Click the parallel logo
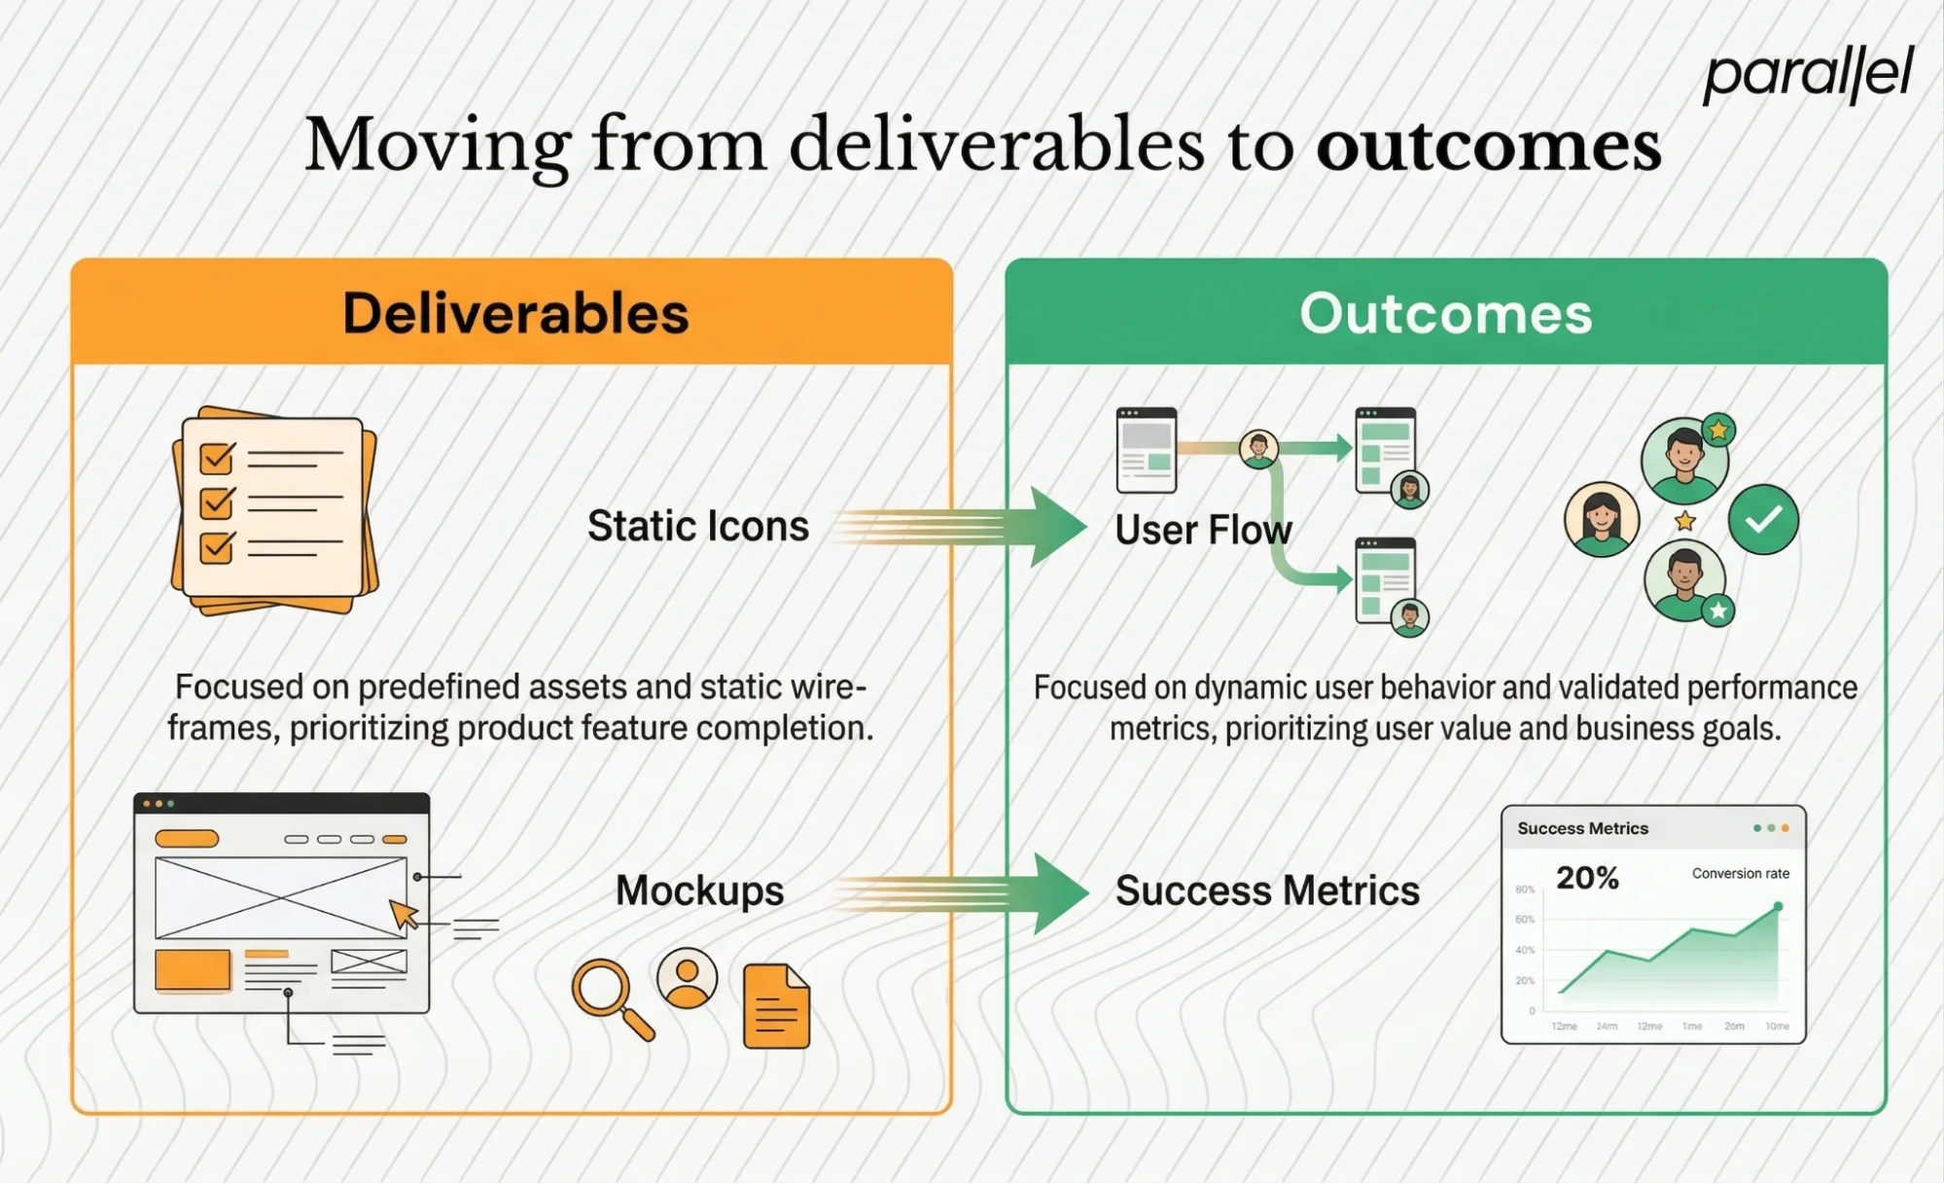[x=1807, y=74]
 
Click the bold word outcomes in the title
[x=1488, y=146]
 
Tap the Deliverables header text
[x=515, y=313]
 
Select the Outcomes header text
[x=1445, y=313]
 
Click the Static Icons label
[x=697, y=526]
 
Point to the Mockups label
[x=699, y=890]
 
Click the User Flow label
[x=1202, y=531]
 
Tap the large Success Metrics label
[x=1266, y=890]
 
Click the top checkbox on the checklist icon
[x=216, y=458]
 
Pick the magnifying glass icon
[x=608, y=995]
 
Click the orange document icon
[x=776, y=1006]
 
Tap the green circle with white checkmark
[x=1762, y=519]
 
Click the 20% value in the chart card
[x=1586, y=878]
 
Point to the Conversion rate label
[x=1740, y=873]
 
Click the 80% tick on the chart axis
[x=1524, y=889]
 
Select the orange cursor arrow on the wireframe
[x=403, y=914]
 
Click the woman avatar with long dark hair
[x=1601, y=519]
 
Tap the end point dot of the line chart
[x=1778, y=906]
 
